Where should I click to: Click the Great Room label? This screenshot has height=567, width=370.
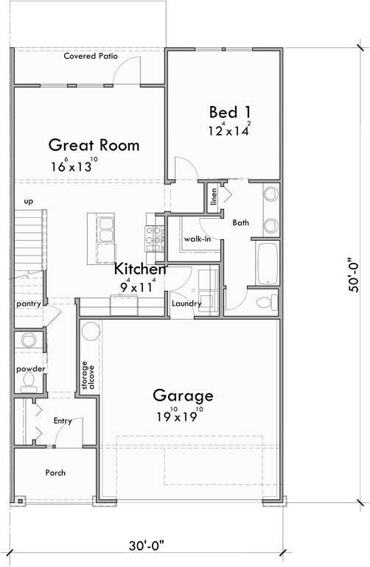[94, 145]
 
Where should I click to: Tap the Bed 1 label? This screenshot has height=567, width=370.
[223, 112]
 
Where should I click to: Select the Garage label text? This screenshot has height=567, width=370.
[183, 395]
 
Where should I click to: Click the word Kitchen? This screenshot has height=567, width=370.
[139, 270]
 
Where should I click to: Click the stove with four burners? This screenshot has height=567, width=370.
[156, 235]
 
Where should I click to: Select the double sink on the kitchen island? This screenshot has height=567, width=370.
[105, 228]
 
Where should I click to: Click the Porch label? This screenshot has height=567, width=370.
[55, 472]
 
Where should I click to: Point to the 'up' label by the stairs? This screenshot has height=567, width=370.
[29, 200]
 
